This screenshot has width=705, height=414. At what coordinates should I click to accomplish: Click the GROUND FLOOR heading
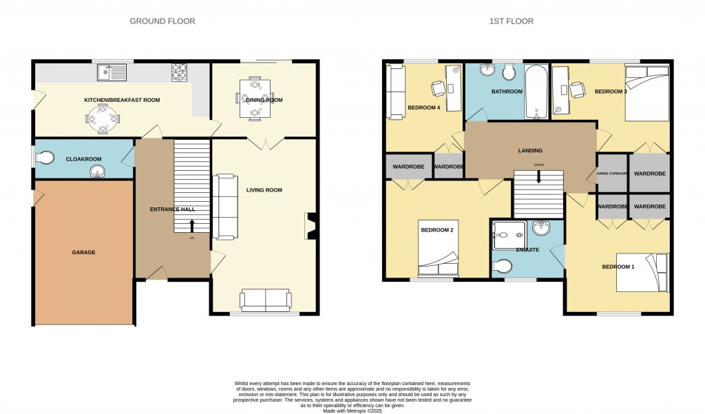(x=162, y=21)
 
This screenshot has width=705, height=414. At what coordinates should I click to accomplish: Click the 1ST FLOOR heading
(x=511, y=21)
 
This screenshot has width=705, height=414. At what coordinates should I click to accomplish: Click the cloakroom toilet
(x=43, y=158)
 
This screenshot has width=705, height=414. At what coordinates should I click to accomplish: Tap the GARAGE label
(x=84, y=252)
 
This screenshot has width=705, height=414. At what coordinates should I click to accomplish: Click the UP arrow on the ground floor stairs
(x=191, y=225)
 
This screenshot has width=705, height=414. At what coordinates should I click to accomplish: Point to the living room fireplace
(x=311, y=226)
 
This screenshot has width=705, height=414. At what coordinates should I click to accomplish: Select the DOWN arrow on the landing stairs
(x=538, y=176)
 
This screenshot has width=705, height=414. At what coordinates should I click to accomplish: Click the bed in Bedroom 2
(x=438, y=248)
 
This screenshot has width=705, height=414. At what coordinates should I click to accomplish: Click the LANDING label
(x=530, y=150)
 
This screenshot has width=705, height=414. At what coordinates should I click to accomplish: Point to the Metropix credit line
(x=352, y=411)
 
